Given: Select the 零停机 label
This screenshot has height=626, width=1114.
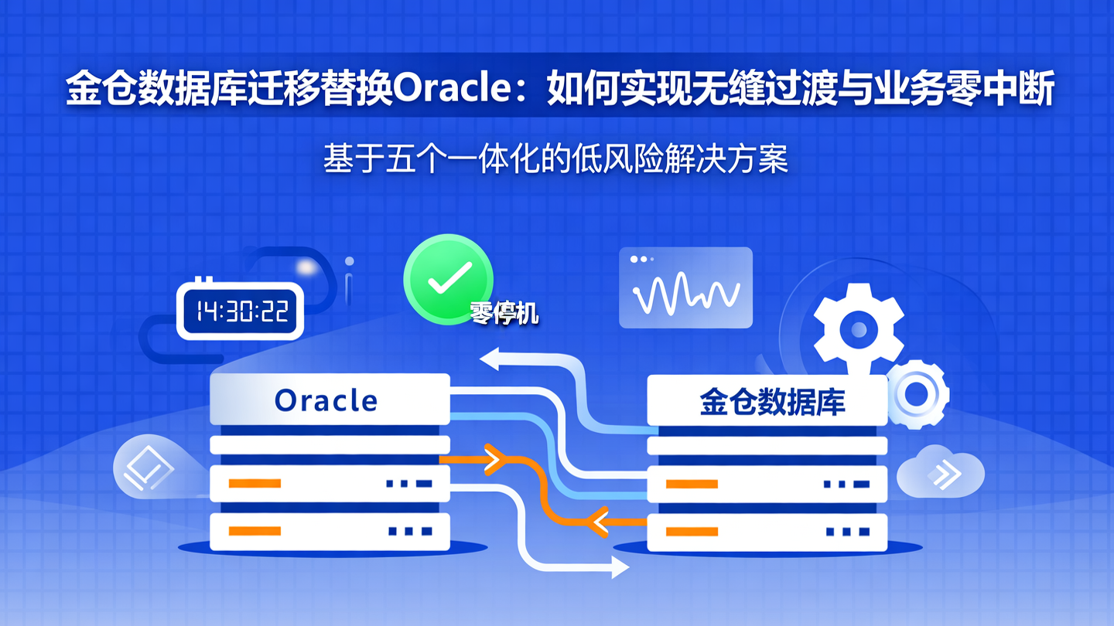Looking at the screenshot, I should [x=504, y=313].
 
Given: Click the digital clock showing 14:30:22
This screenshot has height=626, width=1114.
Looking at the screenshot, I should [x=241, y=311].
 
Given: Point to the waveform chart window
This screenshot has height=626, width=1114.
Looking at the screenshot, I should [x=685, y=287].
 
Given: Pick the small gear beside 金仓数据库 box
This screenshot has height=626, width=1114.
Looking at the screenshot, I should [x=918, y=394].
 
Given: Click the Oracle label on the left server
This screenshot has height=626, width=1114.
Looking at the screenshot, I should [x=326, y=400].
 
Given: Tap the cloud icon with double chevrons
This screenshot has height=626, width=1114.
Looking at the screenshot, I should [x=941, y=472].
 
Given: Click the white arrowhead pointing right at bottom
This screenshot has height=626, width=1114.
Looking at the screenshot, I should [x=620, y=569].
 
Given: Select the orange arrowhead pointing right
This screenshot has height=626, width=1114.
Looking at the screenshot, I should [x=494, y=461].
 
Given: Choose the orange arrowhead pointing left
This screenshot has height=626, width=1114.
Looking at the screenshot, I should [x=597, y=522].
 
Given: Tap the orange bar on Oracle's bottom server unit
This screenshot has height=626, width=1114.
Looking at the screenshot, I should [x=255, y=531].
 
